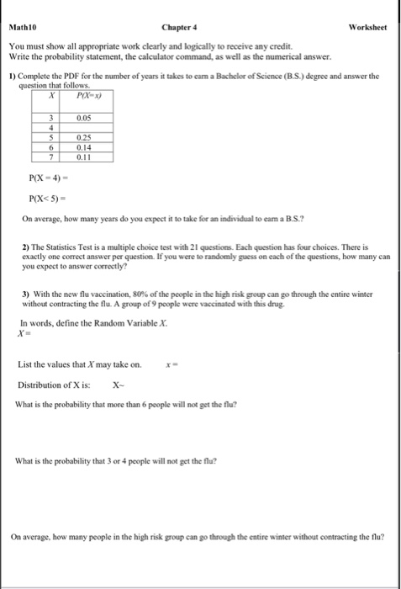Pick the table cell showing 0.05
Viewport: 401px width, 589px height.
83,118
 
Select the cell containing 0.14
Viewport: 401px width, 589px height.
83,146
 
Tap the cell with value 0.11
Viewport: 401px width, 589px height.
83,157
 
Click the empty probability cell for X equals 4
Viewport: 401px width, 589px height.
83,128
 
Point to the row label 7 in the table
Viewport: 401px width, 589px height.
50,157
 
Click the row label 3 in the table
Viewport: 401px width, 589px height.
50,118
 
